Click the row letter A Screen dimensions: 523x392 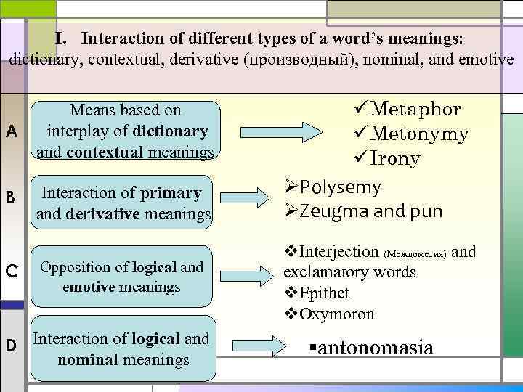tap(11, 131)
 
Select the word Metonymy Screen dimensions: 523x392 tap(419, 134)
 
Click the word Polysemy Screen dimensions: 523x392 tap(340, 187)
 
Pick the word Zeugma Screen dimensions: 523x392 tap(328, 212)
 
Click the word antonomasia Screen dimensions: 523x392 tap(376, 348)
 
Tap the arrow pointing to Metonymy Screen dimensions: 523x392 tap(320, 132)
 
